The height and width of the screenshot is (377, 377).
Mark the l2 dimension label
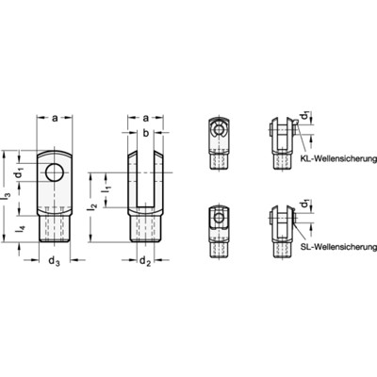pos(92,204)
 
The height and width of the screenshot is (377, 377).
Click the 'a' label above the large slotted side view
pos(146,118)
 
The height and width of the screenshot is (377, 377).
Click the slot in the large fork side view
pos(146,179)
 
